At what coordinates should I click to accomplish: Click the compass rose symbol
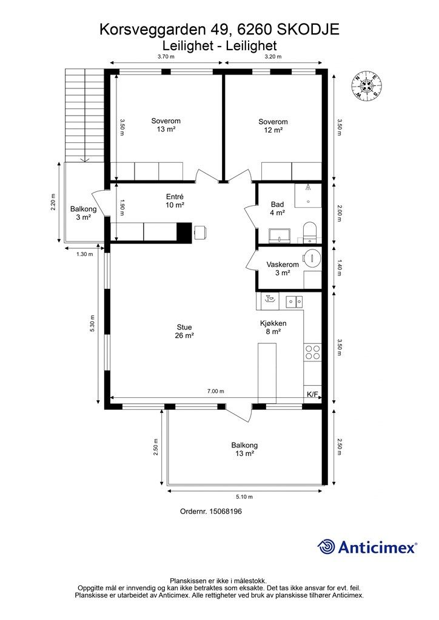click(367, 86)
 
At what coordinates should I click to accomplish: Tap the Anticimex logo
click(367, 547)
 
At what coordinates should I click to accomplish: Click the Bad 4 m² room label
click(278, 208)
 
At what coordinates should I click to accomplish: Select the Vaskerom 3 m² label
click(283, 268)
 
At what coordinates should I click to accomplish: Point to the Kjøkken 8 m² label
click(273, 328)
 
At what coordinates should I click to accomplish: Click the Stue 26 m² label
click(184, 331)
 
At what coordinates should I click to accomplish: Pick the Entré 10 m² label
click(175, 201)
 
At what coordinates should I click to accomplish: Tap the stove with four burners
click(312, 352)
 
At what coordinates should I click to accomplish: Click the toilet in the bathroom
click(309, 232)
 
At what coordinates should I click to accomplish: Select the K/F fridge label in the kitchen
click(313, 394)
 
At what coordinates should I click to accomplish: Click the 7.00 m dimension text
click(216, 392)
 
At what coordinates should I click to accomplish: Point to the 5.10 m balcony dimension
click(244, 497)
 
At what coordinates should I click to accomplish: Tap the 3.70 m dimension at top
click(166, 56)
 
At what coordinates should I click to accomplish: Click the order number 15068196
click(211, 511)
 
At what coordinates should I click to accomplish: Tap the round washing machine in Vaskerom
click(312, 259)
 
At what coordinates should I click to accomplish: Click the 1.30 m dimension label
click(85, 254)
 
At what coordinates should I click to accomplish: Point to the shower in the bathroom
click(308, 195)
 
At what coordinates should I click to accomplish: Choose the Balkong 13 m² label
click(244, 449)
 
